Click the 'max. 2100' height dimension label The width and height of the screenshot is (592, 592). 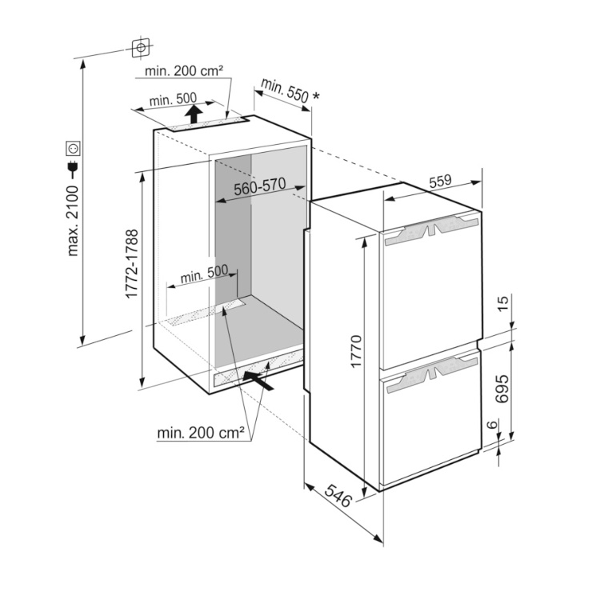[72, 221]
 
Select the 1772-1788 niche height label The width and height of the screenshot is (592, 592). [132, 263]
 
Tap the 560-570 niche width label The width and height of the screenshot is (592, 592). [259, 186]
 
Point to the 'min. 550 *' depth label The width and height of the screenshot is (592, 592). [285, 90]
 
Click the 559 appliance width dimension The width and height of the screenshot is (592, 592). [440, 181]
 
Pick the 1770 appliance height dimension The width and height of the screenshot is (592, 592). [356, 350]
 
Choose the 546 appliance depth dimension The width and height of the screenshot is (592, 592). [338, 495]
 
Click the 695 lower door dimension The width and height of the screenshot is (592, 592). [502, 389]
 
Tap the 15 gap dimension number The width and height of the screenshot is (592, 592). [502, 303]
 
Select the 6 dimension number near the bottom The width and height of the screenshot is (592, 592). [491, 425]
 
